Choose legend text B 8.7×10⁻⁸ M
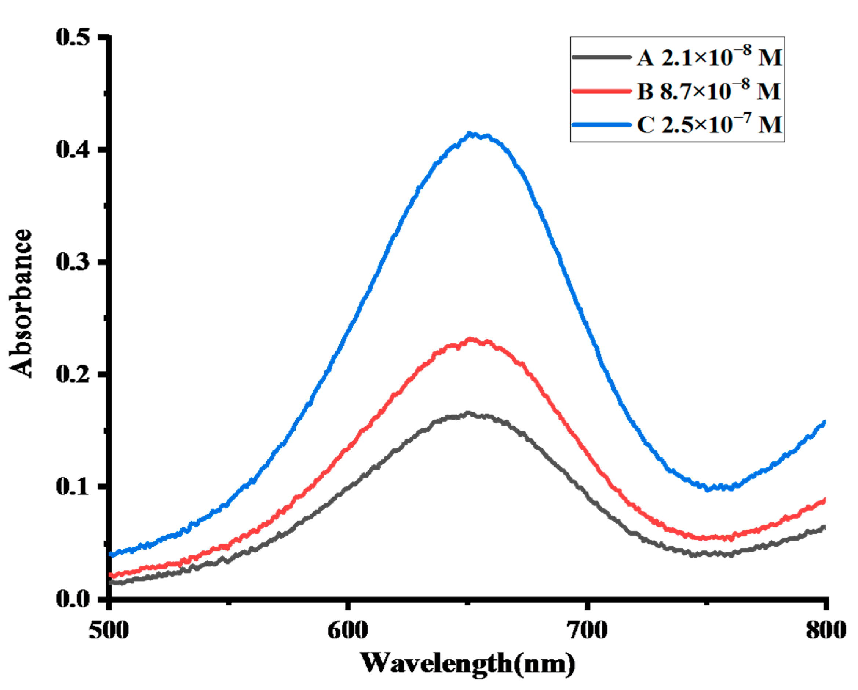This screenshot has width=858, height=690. point(708,91)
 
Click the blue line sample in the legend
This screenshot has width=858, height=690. point(601,125)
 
